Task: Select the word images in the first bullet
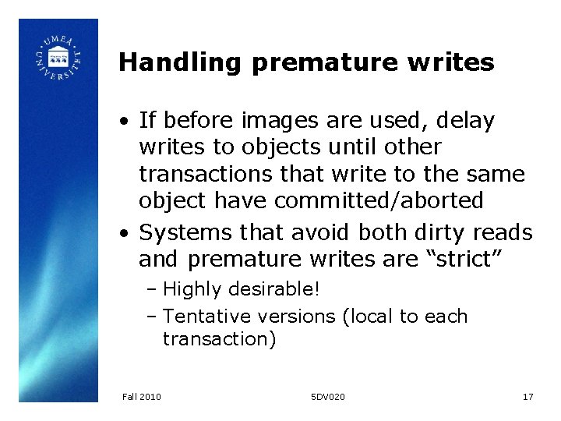pos(272,121)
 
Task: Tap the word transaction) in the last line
pos(219,339)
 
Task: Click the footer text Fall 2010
pos(142,397)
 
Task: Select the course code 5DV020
pos(327,397)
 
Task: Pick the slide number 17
pos(527,397)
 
